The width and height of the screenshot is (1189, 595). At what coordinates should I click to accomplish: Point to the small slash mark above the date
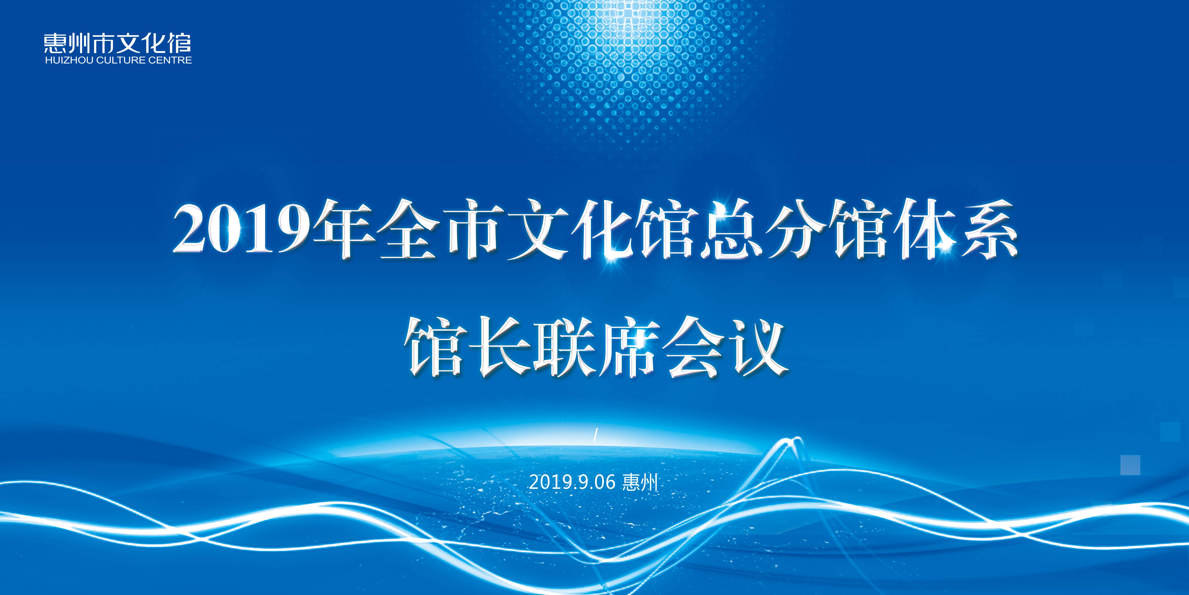pyautogui.click(x=595, y=435)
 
